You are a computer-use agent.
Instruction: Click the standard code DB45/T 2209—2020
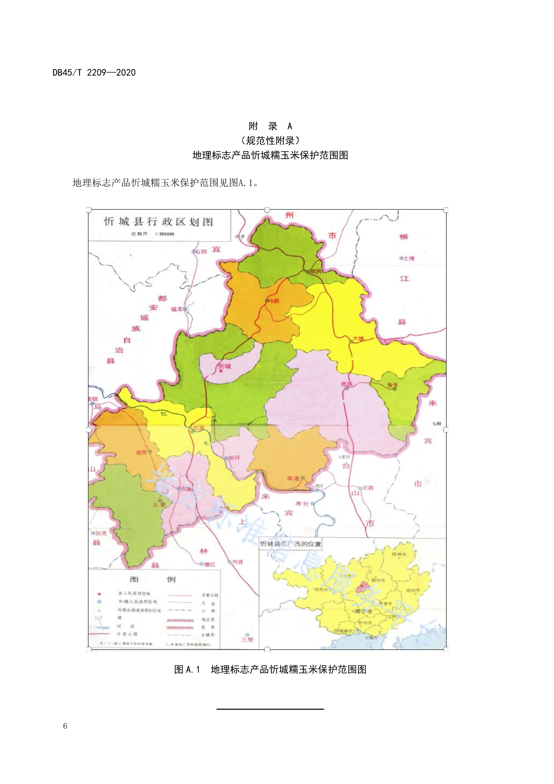click(94, 72)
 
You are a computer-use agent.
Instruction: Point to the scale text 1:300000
click(165, 234)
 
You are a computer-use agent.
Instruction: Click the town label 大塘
click(358, 338)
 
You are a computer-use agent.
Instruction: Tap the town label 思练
click(346, 384)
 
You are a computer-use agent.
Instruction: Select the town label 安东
click(392, 385)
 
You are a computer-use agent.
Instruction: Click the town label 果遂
click(293, 478)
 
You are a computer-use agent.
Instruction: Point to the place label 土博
click(408, 259)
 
